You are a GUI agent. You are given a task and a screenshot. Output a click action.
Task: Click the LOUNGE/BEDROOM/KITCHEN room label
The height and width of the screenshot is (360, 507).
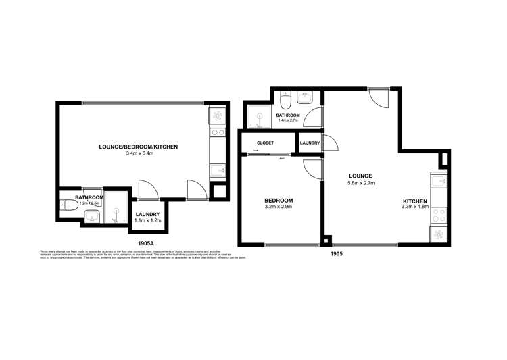(137, 146)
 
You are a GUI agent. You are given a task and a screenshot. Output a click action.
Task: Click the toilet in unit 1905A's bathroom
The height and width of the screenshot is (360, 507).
(68, 205)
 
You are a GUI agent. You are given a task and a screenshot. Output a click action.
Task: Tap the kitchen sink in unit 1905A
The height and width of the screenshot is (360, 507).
(217, 171)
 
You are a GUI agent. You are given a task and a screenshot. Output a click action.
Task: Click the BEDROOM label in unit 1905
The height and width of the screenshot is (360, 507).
(278, 201)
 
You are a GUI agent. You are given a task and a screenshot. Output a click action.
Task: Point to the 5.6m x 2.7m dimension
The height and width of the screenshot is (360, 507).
(360, 182)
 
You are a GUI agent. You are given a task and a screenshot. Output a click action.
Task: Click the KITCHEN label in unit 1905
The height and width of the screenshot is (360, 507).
(415, 201)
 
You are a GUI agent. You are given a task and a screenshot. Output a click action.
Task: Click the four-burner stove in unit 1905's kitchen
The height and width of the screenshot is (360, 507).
(437, 213)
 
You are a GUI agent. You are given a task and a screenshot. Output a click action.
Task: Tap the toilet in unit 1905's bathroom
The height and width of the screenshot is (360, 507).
(285, 101)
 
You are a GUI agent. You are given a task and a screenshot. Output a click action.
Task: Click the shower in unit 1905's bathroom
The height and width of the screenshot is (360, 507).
(258, 117)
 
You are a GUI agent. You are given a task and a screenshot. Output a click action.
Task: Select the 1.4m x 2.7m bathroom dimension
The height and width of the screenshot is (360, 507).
(287, 122)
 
